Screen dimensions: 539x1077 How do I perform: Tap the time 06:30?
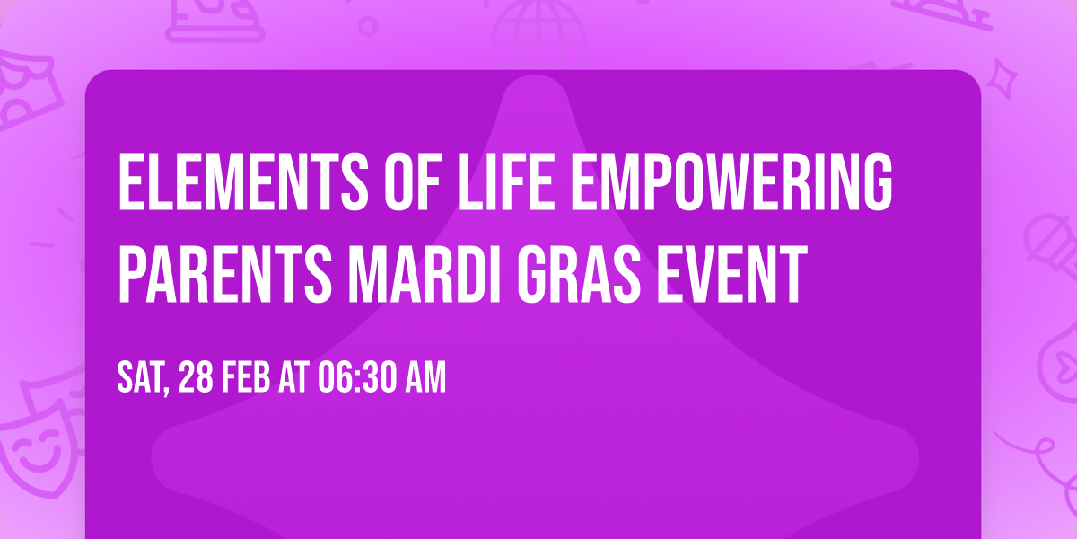(x=357, y=378)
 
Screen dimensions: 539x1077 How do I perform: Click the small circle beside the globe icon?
(x=368, y=26)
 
